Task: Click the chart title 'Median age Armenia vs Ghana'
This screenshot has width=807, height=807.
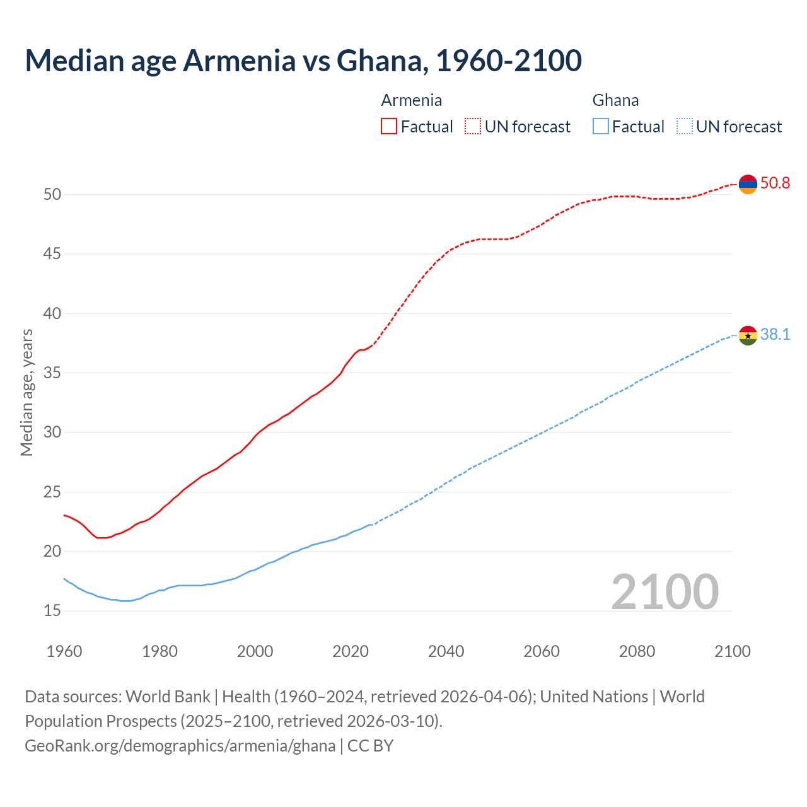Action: (303, 61)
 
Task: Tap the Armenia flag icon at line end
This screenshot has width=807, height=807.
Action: (748, 184)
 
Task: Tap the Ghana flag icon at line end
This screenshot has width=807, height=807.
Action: (748, 335)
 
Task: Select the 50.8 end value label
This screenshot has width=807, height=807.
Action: (775, 183)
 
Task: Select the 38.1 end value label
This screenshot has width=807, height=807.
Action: (775, 335)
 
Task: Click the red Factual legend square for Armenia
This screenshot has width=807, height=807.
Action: (389, 127)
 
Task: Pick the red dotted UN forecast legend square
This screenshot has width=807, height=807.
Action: (473, 127)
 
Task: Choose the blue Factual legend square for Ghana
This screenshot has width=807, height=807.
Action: (601, 127)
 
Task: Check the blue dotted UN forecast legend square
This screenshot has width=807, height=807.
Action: (684, 127)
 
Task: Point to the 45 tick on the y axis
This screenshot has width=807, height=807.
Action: (52, 254)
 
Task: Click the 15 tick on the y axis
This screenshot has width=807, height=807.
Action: (52, 611)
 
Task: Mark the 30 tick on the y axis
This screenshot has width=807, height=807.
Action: (52, 433)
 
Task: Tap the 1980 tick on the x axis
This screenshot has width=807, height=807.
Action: (160, 651)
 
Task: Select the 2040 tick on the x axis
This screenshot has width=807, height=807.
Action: (446, 651)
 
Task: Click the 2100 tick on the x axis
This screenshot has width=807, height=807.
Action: (732, 651)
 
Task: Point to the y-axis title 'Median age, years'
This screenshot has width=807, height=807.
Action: (26, 392)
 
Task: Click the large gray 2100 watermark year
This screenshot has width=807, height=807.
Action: (665, 591)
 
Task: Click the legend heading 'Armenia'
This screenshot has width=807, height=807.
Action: (412, 100)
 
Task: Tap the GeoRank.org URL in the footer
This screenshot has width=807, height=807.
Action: (180, 746)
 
